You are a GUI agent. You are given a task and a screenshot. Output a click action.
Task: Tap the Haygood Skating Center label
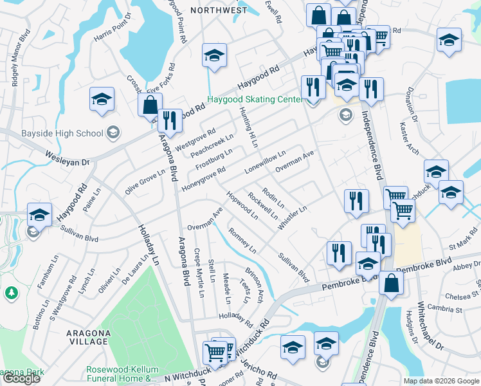(x=254, y=100)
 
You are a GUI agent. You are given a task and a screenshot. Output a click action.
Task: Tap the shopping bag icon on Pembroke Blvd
(x=391, y=284)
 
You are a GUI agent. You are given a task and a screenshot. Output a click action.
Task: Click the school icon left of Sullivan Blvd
(x=39, y=215)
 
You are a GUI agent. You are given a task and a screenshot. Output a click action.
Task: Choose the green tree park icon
(x=11, y=293)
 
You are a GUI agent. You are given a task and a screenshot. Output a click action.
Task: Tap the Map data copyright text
(x=440, y=381)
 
